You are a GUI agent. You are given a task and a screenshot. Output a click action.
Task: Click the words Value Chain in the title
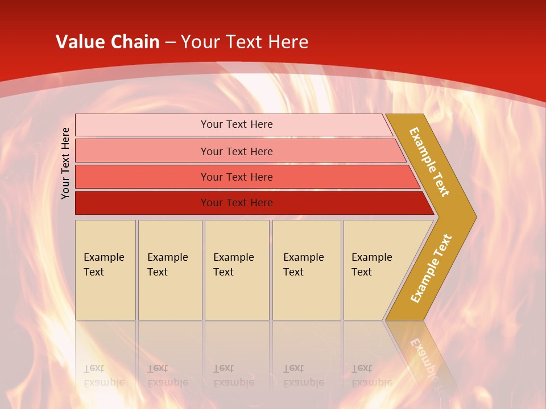[x=107, y=42]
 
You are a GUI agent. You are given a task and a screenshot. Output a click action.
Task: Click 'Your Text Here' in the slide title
[x=245, y=42]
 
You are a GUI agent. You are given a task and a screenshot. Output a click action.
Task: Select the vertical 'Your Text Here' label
[x=65, y=163]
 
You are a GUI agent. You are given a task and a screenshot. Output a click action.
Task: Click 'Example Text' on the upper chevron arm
[x=429, y=162]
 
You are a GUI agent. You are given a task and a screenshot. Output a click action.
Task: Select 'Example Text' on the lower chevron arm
[x=431, y=269]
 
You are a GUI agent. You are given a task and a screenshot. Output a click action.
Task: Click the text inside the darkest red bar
[x=237, y=203]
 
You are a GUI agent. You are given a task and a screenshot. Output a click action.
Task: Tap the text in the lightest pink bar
[x=237, y=124]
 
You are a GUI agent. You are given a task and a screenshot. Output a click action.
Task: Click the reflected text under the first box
[x=104, y=376]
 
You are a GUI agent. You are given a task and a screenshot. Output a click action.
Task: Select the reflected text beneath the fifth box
[x=371, y=376]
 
